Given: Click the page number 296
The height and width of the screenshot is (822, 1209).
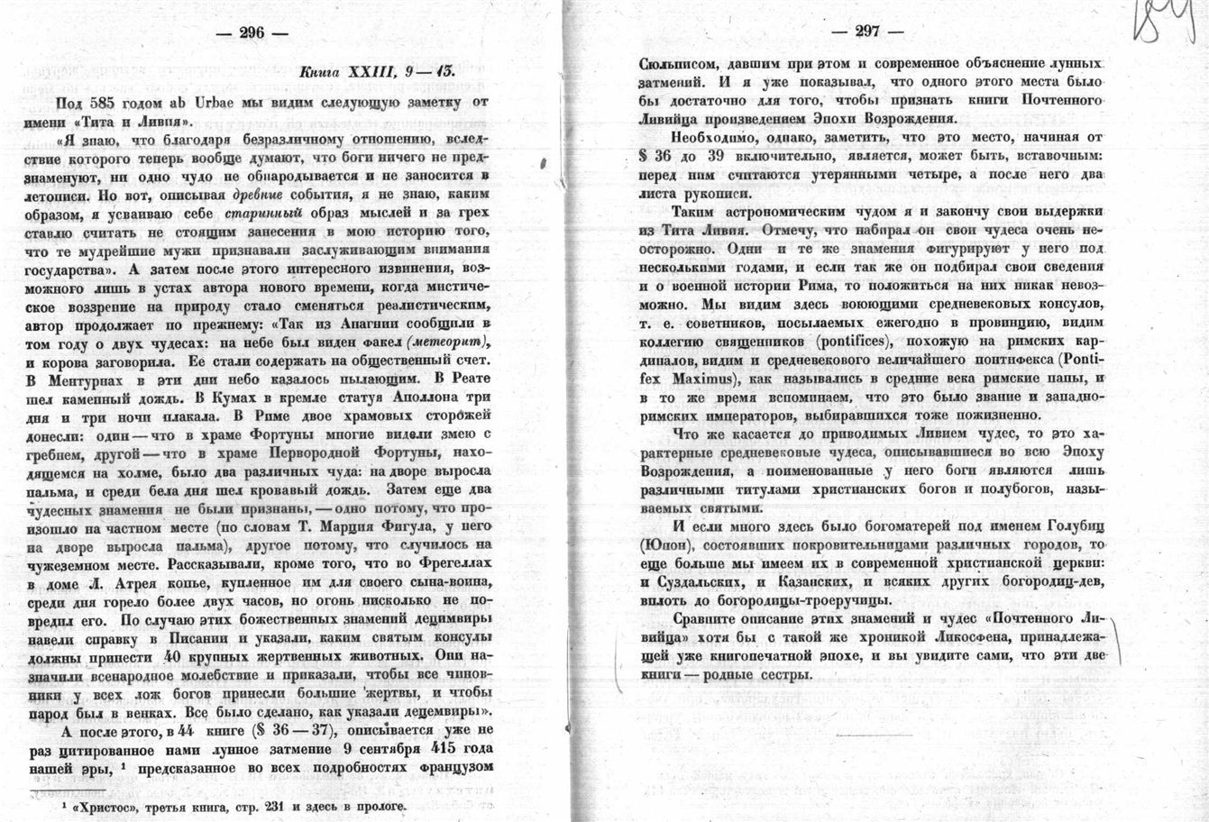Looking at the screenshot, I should coord(252,33).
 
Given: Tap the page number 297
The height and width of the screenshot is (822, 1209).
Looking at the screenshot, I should coord(867,31).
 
